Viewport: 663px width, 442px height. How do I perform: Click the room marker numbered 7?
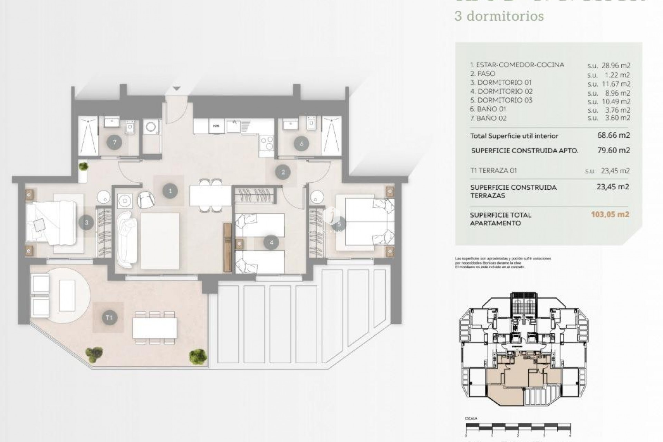(114, 142)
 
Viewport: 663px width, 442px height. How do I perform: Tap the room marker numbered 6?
(301, 144)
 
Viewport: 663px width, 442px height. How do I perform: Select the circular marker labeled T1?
(109, 317)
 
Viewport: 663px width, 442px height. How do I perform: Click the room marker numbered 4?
(271, 242)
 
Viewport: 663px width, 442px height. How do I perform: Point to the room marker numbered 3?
(86, 223)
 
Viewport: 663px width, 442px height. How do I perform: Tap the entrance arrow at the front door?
(176, 89)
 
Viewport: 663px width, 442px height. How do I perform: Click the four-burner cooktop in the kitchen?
(267, 141)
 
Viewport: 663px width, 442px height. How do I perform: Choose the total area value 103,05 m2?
(610, 214)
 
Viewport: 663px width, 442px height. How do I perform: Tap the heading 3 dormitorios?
(499, 16)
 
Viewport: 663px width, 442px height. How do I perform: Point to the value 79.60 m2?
(613, 150)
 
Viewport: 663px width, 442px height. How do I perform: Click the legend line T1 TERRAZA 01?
(493, 171)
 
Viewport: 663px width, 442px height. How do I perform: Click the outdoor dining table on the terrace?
(155, 328)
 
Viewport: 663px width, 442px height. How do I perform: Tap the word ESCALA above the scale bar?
(471, 419)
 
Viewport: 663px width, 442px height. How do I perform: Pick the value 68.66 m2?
(613, 135)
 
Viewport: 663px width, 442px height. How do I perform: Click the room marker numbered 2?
(283, 172)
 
